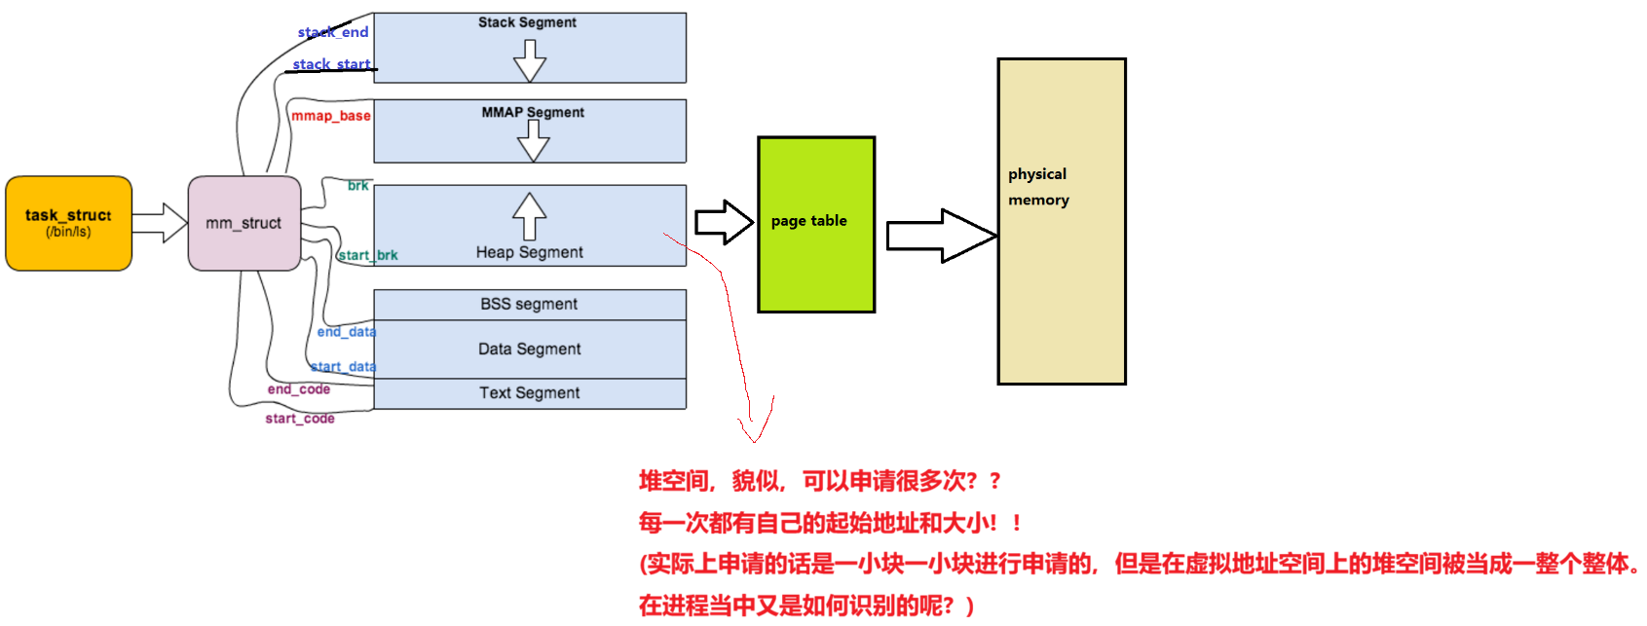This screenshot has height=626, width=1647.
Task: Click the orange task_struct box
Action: pos(68,223)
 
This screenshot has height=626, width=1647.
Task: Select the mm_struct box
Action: pos(243,223)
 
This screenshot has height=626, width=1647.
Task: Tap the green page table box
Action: pos(816,224)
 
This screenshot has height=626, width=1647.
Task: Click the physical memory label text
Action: pos(1038,187)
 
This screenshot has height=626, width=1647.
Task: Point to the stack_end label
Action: pos(333,32)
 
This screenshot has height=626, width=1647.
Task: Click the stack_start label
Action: pos(331,64)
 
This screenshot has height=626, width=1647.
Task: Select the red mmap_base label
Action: pos(331,116)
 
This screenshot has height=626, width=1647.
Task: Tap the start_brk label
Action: pos(368,255)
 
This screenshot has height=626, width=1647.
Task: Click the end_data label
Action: pos(346,332)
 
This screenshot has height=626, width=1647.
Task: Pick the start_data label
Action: pos(343,367)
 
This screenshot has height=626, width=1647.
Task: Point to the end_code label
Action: pos(299,389)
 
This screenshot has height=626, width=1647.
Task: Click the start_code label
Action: pos(300,419)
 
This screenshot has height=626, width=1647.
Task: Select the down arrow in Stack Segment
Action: pos(530,61)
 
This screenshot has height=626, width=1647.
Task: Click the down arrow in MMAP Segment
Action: pos(533,141)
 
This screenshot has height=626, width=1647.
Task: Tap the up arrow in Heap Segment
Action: pos(530,215)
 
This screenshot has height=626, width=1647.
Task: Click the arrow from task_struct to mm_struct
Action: pos(160,223)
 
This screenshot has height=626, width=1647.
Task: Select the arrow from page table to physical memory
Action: pos(941,236)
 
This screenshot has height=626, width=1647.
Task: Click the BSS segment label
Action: pos(529,304)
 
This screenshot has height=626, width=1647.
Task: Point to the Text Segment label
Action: pos(529,392)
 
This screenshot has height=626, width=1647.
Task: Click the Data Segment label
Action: pos(529,349)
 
